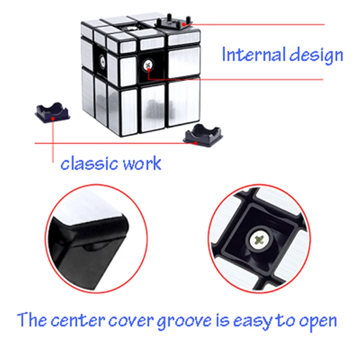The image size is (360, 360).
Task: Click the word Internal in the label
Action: point(254,54)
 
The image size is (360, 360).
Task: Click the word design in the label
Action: point(316,55)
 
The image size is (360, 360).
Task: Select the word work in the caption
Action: point(142,163)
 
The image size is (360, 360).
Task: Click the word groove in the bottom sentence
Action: point(184,321)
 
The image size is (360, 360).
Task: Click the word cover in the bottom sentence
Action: point(130,321)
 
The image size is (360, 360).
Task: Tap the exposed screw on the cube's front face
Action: point(148,65)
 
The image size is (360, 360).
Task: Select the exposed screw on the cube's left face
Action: point(102,61)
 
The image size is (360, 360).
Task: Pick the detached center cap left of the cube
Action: point(52,112)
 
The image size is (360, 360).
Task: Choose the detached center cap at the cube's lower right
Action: point(203,135)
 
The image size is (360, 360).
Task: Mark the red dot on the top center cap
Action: point(184,24)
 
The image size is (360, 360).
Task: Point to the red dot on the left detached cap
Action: point(53,119)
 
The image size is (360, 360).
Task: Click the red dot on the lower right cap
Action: point(196,143)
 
